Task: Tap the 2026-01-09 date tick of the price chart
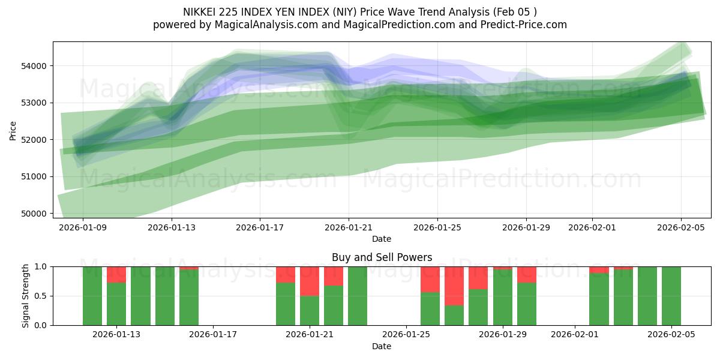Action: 83,227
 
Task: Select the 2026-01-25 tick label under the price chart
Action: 437,227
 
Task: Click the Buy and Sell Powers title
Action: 382,257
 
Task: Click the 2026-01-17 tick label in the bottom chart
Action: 214,335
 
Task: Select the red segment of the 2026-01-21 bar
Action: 310,281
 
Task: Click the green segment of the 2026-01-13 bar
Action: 116,304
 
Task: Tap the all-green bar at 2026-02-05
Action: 671,296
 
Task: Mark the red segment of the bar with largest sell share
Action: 454,286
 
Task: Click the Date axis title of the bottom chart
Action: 382,346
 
